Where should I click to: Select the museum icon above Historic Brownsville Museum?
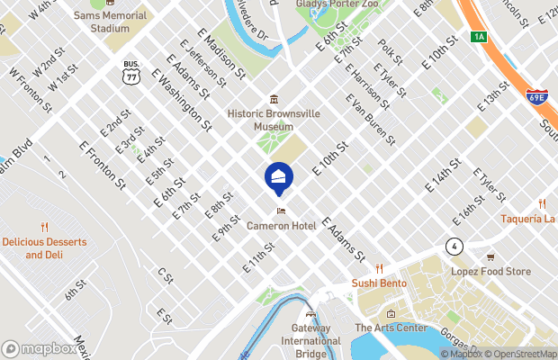[274, 99]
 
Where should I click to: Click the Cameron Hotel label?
[282, 226]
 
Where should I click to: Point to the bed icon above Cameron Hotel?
[282, 211]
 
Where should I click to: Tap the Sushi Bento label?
[379, 283]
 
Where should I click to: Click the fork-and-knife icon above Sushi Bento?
[380, 268]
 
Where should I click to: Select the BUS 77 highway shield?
[131, 71]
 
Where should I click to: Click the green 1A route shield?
[478, 36]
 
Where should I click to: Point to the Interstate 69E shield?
[536, 96]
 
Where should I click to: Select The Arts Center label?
[391, 328]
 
